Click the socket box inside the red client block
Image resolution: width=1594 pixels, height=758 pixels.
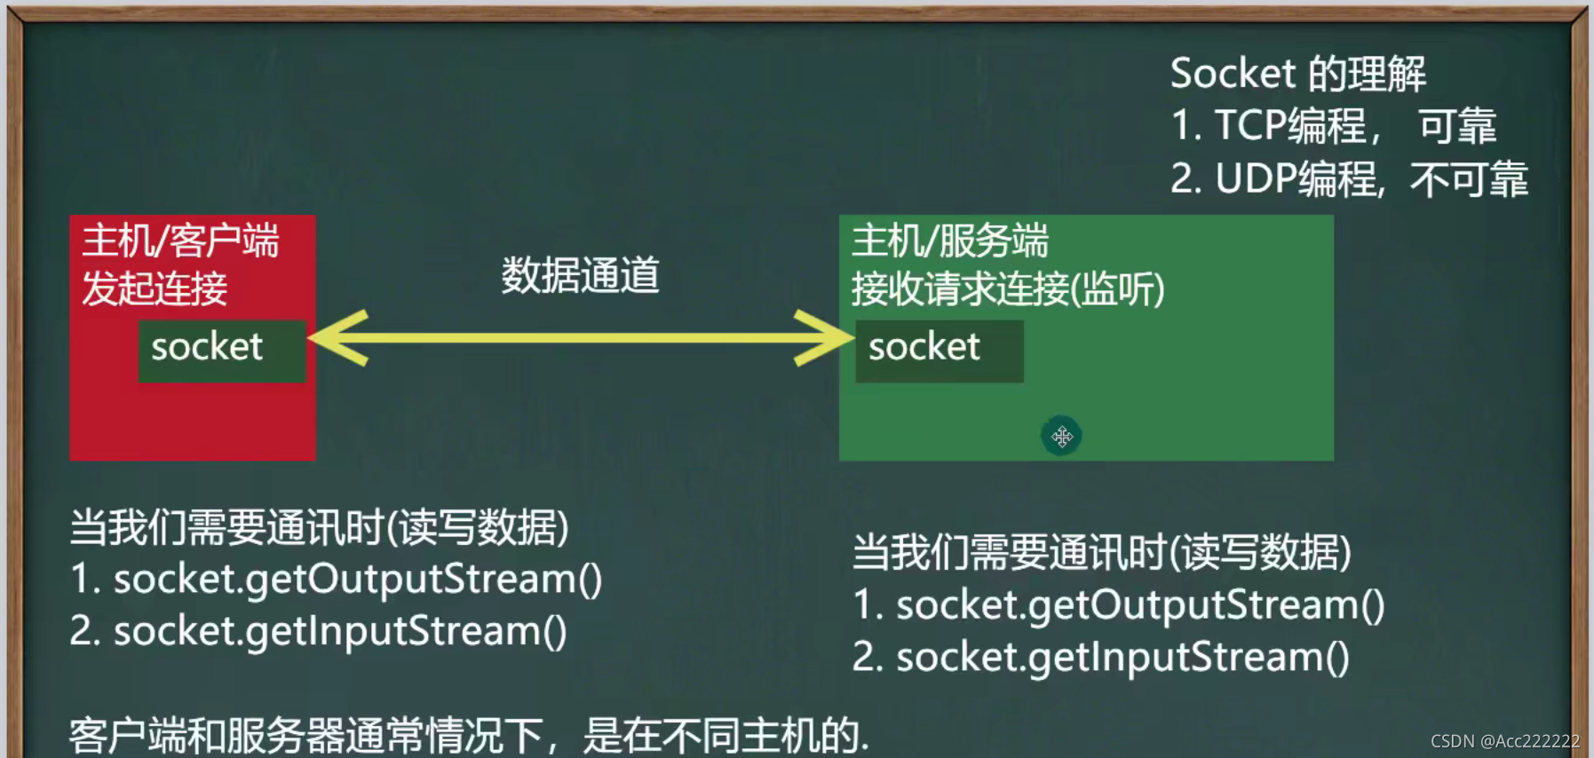(222, 351)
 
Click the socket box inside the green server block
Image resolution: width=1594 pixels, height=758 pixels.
(940, 351)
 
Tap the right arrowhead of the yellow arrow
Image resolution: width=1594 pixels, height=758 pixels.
(823, 337)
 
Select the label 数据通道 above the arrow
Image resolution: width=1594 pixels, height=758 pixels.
(581, 275)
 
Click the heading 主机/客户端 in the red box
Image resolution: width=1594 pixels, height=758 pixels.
(181, 241)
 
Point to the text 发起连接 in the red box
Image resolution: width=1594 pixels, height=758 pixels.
(155, 288)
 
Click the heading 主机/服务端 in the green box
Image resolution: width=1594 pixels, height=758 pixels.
(950, 241)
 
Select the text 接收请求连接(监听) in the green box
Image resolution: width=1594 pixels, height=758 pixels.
(1008, 289)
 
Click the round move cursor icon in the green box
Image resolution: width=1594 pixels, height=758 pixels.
(1061, 437)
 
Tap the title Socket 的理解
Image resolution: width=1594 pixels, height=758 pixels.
(1298, 74)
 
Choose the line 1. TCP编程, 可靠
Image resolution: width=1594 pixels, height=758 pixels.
(1334, 126)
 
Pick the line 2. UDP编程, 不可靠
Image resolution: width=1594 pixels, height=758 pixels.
(1349, 178)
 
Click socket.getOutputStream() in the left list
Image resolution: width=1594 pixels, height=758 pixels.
(359, 580)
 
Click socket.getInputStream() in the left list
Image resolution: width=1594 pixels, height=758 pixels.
(340, 632)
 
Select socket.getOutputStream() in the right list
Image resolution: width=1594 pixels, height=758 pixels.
(1141, 605)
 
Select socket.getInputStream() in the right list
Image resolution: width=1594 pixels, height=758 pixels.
(1123, 658)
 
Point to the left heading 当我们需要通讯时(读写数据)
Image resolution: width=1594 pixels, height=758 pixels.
(320, 528)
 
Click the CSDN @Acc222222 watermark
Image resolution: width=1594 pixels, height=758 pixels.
(1505, 741)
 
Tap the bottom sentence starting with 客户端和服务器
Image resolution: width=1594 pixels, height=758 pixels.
(469, 736)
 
